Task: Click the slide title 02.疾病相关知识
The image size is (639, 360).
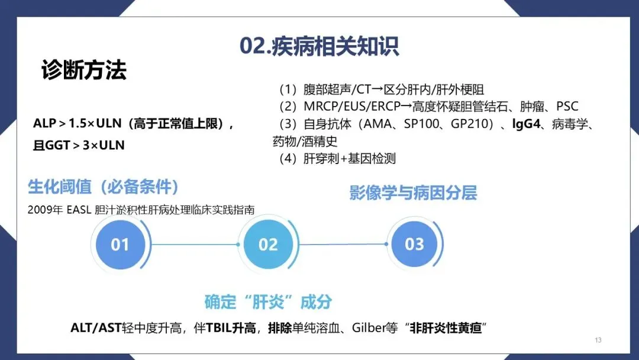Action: [319, 46]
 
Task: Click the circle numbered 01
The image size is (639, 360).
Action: [120, 244]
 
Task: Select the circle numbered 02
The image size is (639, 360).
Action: [268, 244]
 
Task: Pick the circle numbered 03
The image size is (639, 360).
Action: [414, 244]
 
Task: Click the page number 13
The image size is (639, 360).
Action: [598, 340]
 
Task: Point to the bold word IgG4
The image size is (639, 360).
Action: [528, 125]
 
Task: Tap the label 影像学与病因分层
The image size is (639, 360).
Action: [413, 193]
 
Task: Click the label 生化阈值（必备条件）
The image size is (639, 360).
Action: [104, 187]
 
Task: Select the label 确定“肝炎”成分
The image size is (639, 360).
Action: [267, 301]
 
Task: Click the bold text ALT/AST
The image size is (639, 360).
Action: [96, 328]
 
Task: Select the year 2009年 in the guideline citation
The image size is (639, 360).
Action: [41, 210]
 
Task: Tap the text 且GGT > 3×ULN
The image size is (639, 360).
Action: [79, 144]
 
